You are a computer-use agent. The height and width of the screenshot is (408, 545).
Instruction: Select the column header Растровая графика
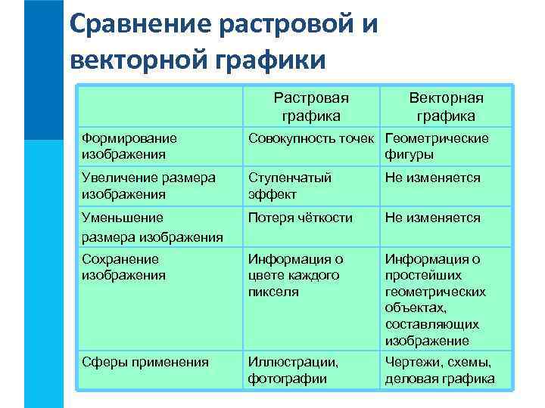pos(310,107)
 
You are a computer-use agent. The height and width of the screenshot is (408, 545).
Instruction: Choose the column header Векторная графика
pos(446,107)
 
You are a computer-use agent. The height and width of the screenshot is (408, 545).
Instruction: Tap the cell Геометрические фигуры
pos(437,147)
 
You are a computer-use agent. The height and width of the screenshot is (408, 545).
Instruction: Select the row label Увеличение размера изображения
pos(148,186)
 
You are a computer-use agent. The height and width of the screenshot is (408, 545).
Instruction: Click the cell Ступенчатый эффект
pos(290,186)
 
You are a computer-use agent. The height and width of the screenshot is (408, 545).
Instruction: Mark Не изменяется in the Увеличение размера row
pos(432,178)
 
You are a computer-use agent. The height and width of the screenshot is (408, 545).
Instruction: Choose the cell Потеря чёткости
pos(301,218)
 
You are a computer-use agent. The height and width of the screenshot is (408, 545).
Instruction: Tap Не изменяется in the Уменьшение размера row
pos(432,218)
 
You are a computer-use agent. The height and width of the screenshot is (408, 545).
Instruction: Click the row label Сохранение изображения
pos(123,267)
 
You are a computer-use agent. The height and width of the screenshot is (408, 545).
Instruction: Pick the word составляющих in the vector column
pos(431,324)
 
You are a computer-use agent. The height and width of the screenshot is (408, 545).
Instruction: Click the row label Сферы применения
pos(145,362)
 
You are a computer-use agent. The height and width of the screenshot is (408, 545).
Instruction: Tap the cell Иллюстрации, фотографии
pos(294,370)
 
